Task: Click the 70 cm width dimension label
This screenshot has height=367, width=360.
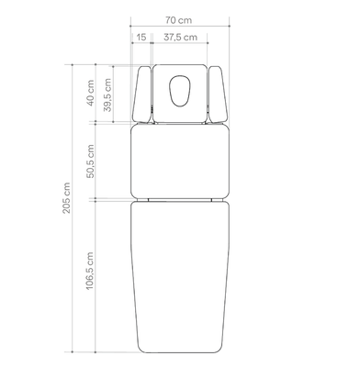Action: pyautogui.click(x=179, y=20)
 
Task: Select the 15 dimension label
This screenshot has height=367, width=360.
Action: pyautogui.click(x=141, y=38)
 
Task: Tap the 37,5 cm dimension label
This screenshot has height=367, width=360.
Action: pyautogui.click(x=180, y=38)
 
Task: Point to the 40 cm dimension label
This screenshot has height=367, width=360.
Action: pyautogui.click(x=90, y=93)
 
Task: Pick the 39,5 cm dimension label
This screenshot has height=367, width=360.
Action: pyautogui.click(x=107, y=95)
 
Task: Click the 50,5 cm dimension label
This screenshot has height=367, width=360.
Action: pyautogui.click(x=90, y=161)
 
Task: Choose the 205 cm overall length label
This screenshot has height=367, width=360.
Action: pyautogui.click(x=66, y=198)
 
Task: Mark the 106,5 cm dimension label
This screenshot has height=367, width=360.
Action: pyautogui.click(x=89, y=271)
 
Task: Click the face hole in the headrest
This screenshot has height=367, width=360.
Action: pyautogui.click(x=180, y=91)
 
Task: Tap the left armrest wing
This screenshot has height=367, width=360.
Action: pyautogui.click(x=141, y=95)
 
